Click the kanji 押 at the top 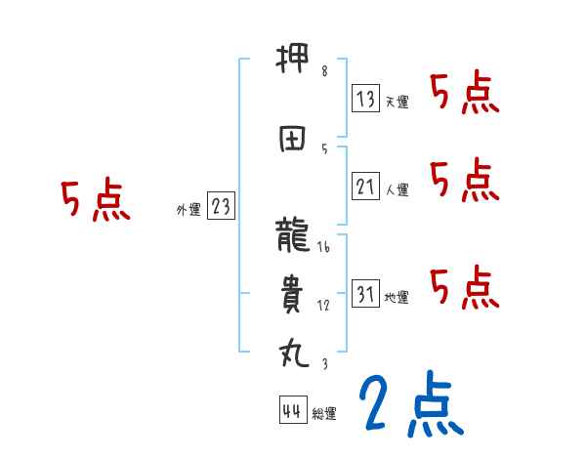pos(293,64)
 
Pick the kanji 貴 pos(293,293)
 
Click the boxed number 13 pos(366,99)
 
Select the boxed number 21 pos(366,188)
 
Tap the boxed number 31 pos(366,295)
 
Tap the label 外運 pos(188,209)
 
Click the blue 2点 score pos(410,405)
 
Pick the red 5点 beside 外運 pos(95,200)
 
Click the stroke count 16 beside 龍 pos(324,248)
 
